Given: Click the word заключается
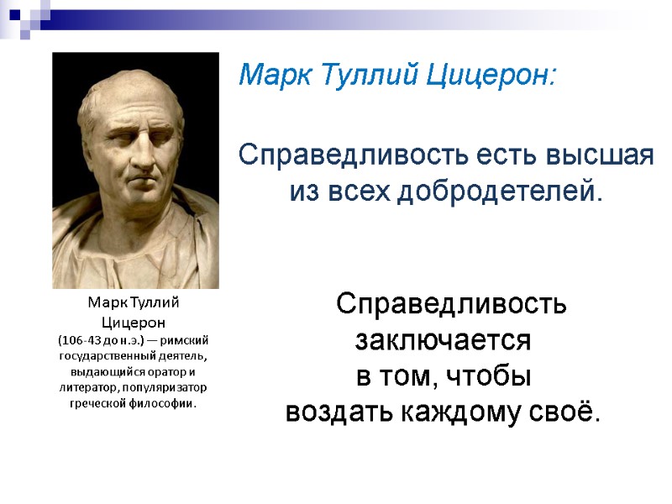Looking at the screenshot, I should coord(443,341).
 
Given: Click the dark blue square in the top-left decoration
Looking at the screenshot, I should coord(13,13).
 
